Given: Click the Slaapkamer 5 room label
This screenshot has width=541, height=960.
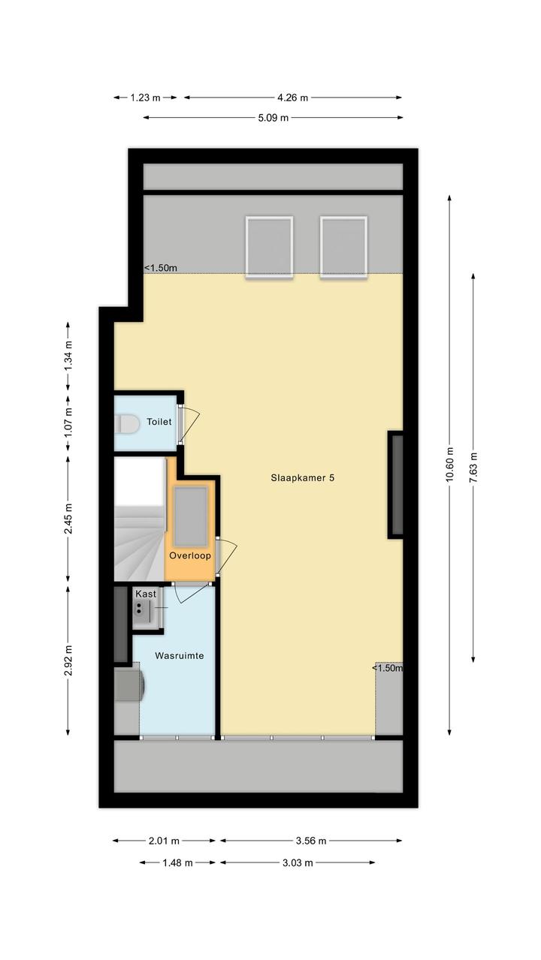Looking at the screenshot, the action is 302,478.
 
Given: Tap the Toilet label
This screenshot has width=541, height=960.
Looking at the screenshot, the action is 159,422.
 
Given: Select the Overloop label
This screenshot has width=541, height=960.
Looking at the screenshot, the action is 190,555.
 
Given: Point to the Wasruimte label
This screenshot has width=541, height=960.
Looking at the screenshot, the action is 180,656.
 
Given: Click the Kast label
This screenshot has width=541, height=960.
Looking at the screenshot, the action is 146,594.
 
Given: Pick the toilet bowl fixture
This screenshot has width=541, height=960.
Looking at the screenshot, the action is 127,424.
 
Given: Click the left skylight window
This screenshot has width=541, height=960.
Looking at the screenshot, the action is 270,247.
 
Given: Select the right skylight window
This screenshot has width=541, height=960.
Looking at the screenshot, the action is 343,247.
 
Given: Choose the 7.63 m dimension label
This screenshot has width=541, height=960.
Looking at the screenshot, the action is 473,468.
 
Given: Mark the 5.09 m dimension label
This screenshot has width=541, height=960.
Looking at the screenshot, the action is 274,117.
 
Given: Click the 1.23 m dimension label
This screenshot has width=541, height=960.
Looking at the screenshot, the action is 145,98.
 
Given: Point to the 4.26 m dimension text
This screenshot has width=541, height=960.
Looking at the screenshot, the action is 292,98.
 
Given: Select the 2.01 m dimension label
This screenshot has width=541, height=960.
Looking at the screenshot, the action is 164,841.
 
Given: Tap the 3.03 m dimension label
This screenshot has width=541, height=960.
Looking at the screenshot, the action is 298,862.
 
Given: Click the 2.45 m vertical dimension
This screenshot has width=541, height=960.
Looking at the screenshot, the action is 68,519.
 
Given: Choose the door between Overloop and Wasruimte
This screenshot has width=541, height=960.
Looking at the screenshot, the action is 193,593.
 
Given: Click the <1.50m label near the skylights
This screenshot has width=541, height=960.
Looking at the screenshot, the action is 161,268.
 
